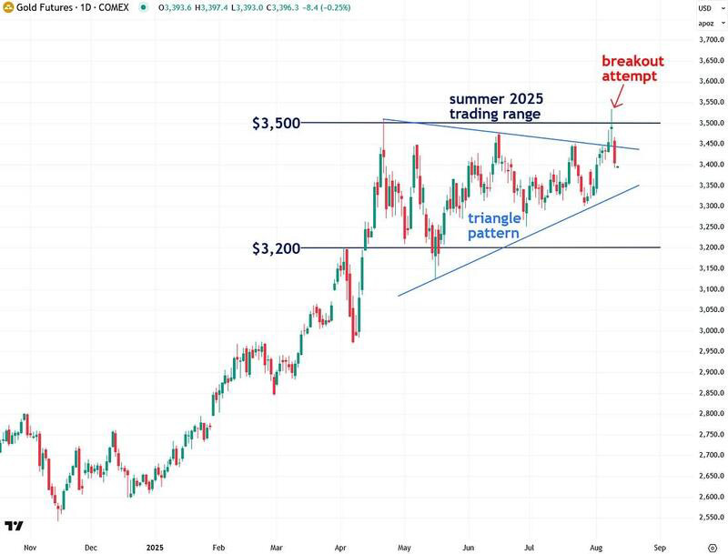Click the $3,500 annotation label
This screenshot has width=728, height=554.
(x=276, y=123)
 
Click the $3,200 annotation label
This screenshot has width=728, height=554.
(x=276, y=247)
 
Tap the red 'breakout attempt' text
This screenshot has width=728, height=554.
(x=632, y=69)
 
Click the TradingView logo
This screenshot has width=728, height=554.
(x=14, y=525)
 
